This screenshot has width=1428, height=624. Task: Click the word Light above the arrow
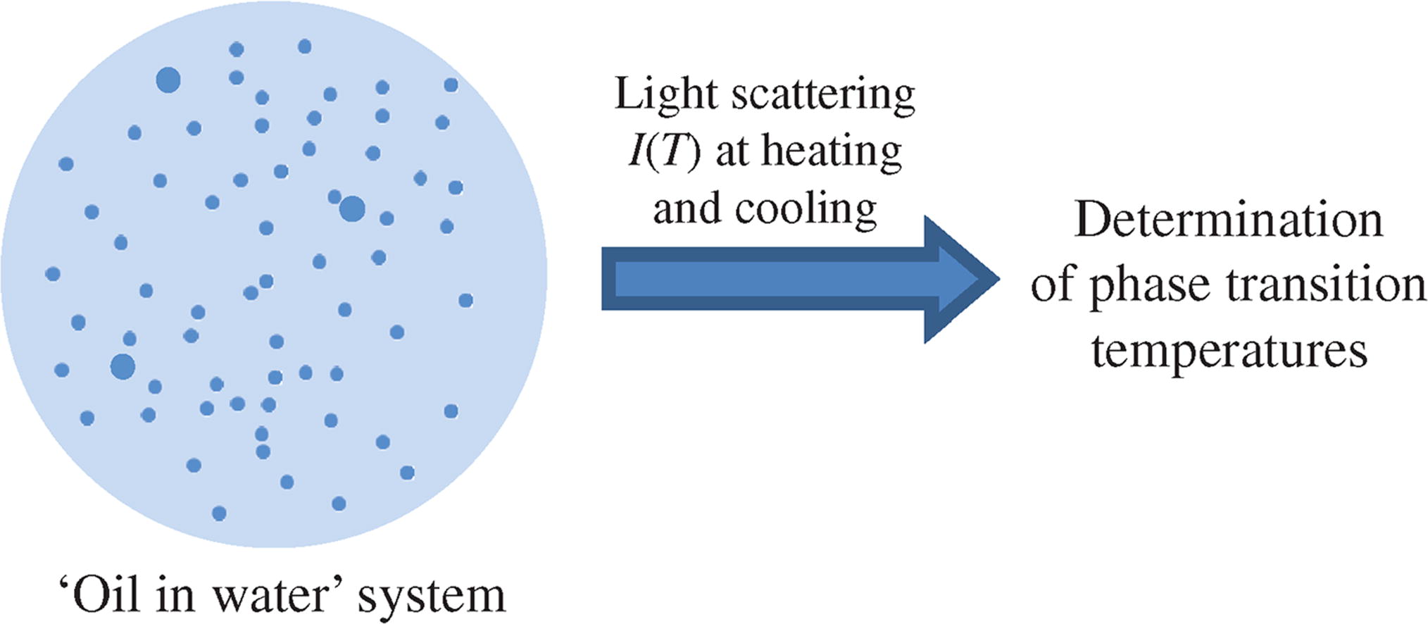pyautogui.click(x=665, y=94)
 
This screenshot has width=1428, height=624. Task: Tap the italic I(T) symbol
pyautogui.click(x=664, y=151)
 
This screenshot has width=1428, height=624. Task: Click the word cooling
pyautogui.click(x=806, y=209)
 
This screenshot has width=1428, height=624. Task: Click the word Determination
pyautogui.click(x=1229, y=220)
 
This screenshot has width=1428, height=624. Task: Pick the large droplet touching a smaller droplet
pyautogui.click(x=352, y=208)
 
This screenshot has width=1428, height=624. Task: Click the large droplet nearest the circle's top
pyautogui.click(x=168, y=80)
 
